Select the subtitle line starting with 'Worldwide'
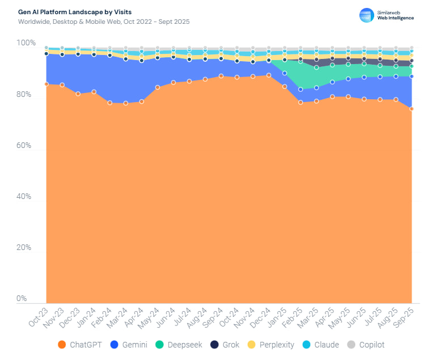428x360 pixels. point(104,22)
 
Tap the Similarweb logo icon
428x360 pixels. point(367,15)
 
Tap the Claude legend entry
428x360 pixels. point(321,345)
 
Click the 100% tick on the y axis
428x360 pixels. point(26,43)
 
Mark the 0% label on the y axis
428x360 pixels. point(23,299)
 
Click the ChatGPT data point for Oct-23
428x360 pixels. point(46,84)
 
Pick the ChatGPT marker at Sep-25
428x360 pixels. point(412,109)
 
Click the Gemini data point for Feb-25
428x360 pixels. point(300,90)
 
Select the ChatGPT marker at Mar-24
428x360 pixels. point(126,103)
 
